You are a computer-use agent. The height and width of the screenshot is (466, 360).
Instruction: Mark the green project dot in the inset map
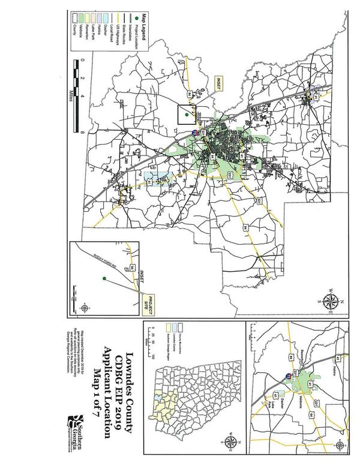(104, 278)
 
